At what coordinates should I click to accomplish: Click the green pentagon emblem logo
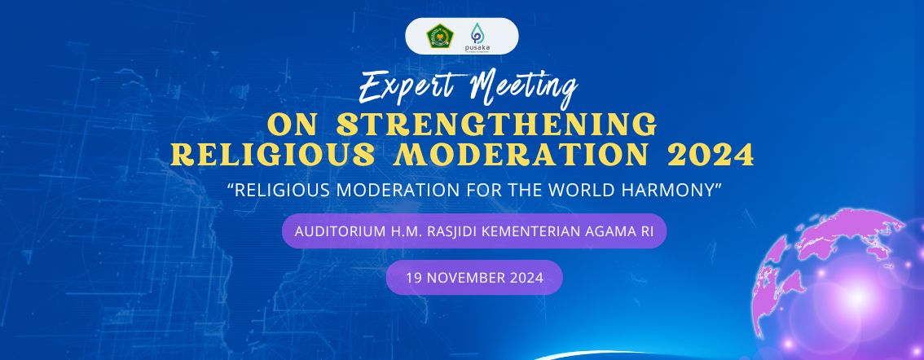coord(439,36)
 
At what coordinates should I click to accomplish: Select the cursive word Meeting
coord(523,89)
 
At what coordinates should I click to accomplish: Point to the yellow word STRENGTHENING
coord(497,125)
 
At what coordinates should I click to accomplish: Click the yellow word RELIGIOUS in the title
coord(273,155)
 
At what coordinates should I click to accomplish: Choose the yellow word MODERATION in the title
coord(521,155)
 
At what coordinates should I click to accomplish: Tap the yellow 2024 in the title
coord(711,155)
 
